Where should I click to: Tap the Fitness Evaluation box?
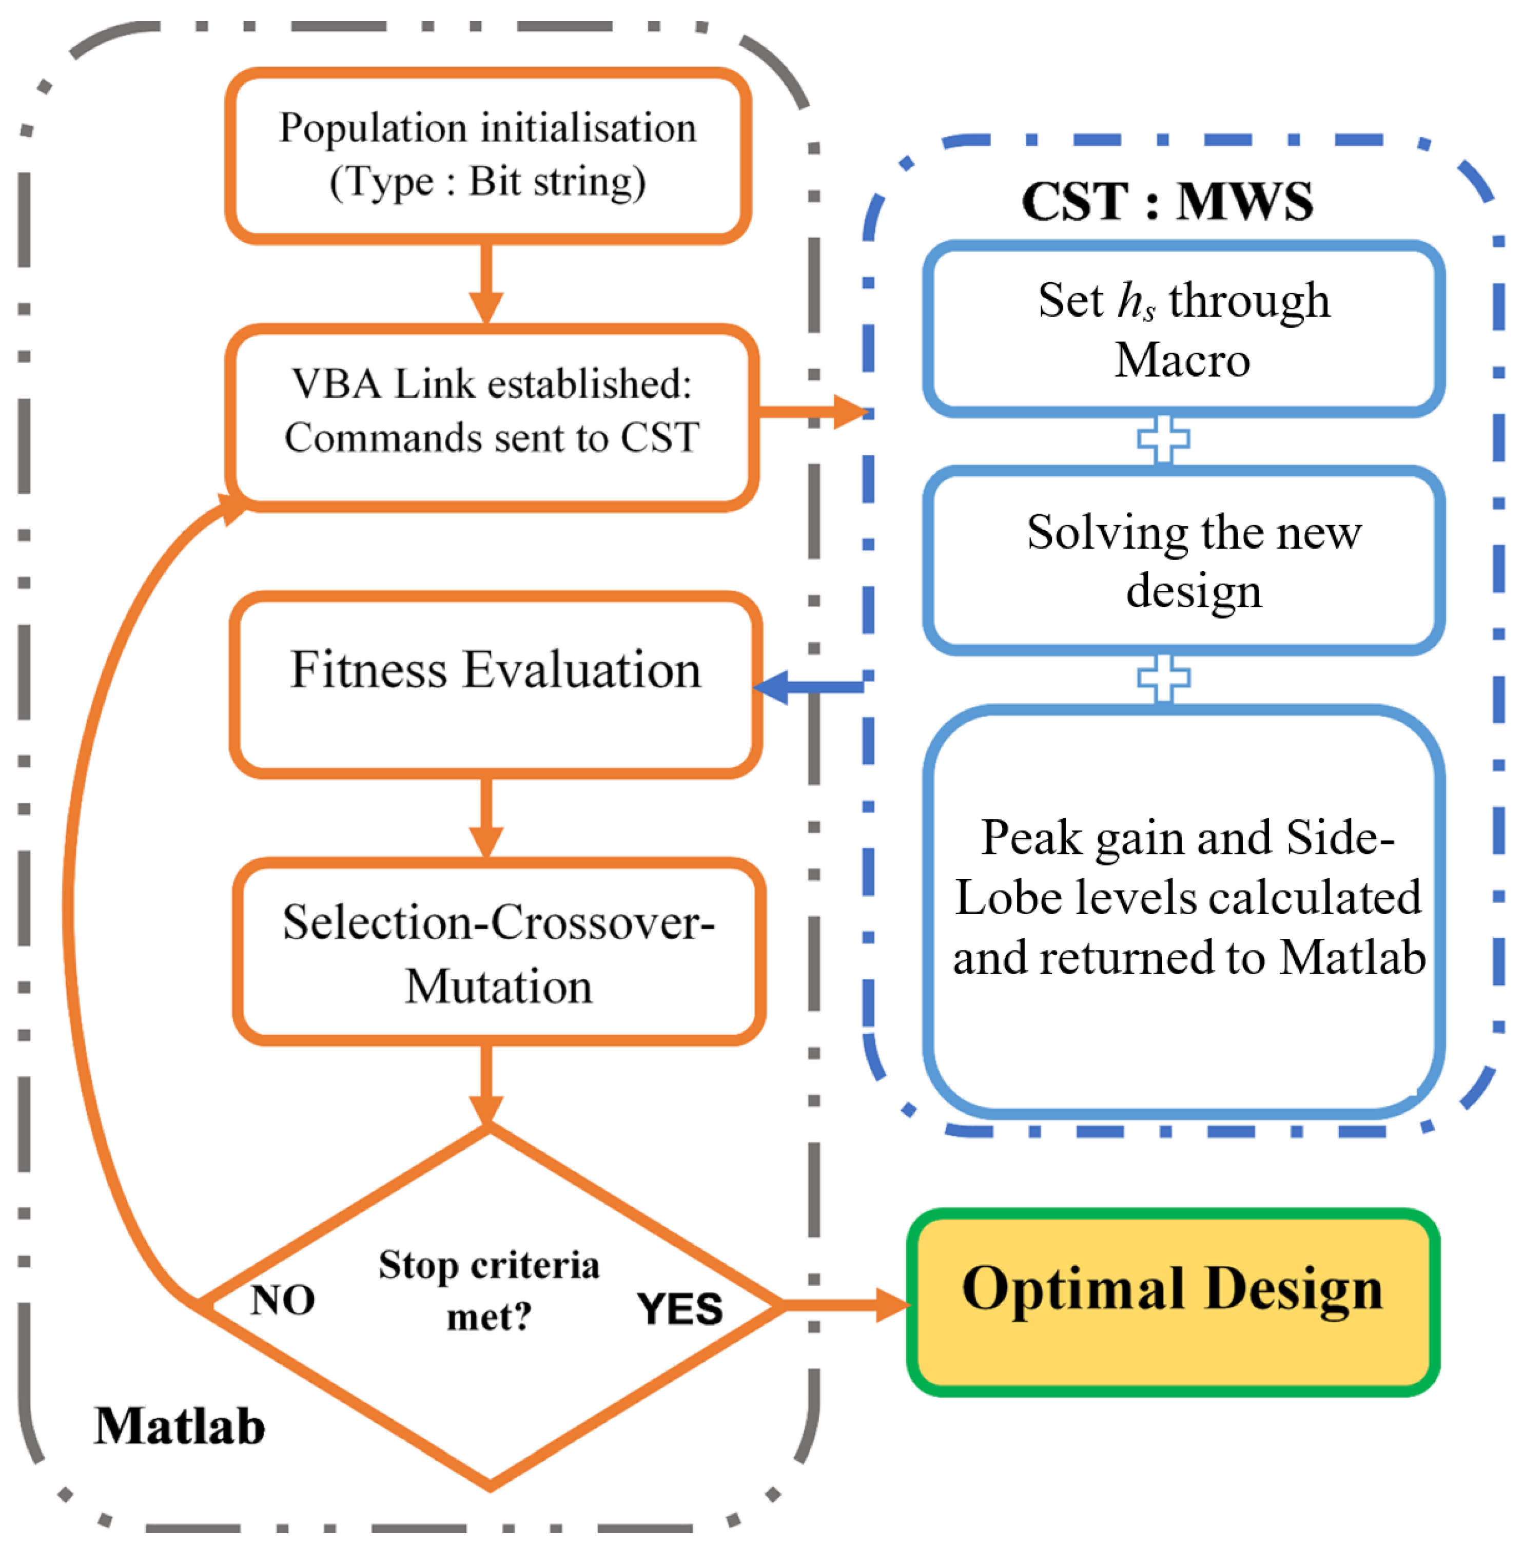[496, 684]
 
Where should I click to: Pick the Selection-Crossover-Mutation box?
[498, 952]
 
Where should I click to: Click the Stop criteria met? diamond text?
[489, 1290]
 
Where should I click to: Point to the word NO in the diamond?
[282, 1300]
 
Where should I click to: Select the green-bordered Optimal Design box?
[1172, 1303]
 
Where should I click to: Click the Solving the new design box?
[1184, 560]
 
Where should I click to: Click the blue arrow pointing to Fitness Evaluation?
[808, 687]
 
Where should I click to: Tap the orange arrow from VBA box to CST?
[812, 412]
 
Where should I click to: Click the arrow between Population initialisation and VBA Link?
[485, 284]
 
